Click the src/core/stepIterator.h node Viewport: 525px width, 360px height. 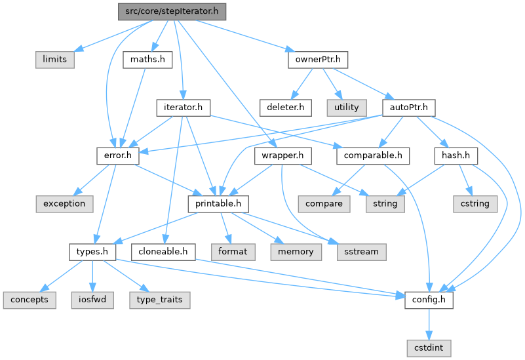[x=172, y=11]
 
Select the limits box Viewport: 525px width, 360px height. [x=55, y=59]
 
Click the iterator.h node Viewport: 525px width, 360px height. [x=183, y=107]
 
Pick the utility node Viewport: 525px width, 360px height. [x=347, y=107]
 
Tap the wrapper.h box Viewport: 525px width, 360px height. [x=282, y=155]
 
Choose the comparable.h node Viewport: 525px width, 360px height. [x=373, y=155]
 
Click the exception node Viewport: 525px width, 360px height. [x=64, y=203]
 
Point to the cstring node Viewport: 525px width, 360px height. [x=475, y=203]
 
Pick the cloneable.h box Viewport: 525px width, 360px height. [x=163, y=251]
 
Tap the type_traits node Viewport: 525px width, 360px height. [x=159, y=300]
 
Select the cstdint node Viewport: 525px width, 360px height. [x=428, y=348]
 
